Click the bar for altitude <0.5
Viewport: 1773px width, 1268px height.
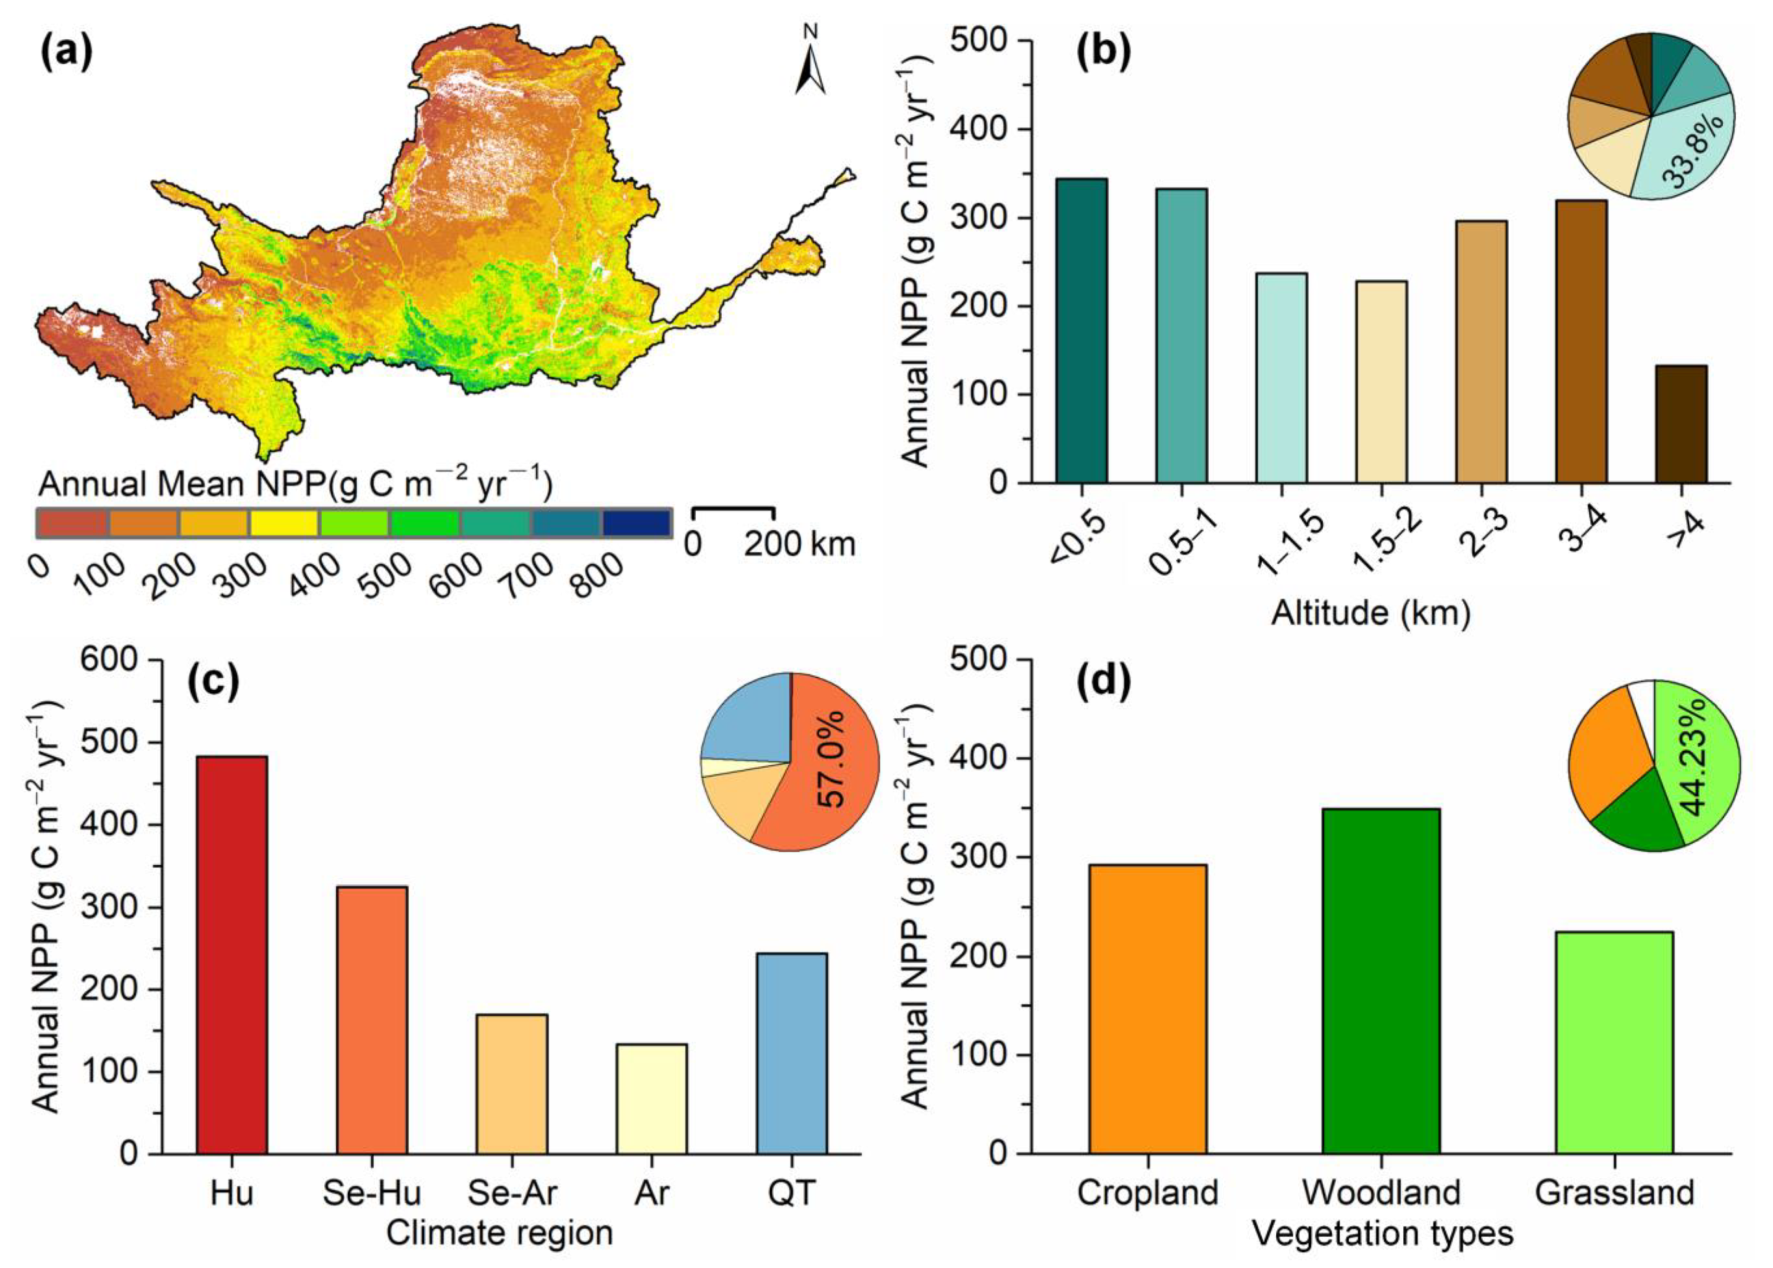(x=1081, y=331)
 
